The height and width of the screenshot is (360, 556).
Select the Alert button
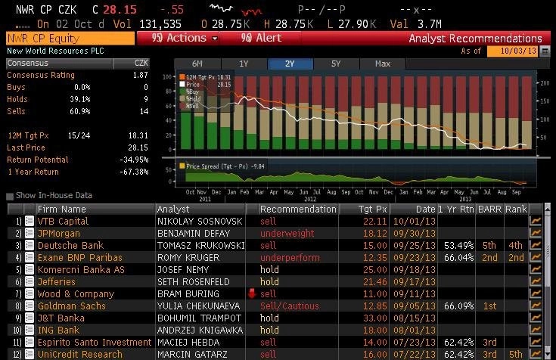pyautogui.click(x=261, y=38)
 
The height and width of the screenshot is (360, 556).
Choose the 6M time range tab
pyautogui.click(x=197, y=64)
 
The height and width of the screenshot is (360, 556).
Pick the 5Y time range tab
pyautogui.click(x=336, y=64)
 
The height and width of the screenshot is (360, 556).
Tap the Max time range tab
pyautogui.click(x=382, y=64)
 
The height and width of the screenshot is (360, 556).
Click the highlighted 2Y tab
pyautogui.click(x=290, y=64)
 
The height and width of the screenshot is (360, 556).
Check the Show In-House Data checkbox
pyautogui.click(x=10, y=195)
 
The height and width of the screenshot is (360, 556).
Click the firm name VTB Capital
pyautogui.click(x=63, y=221)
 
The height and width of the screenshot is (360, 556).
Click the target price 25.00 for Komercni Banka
pyautogui.click(x=375, y=269)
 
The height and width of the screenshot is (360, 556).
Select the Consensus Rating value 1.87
pyautogui.click(x=140, y=76)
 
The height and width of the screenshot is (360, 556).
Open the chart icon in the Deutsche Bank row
pyautogui.click(x=536, y=245)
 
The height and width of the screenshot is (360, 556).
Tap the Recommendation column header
pyautogui.click(x=298, y=209)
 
